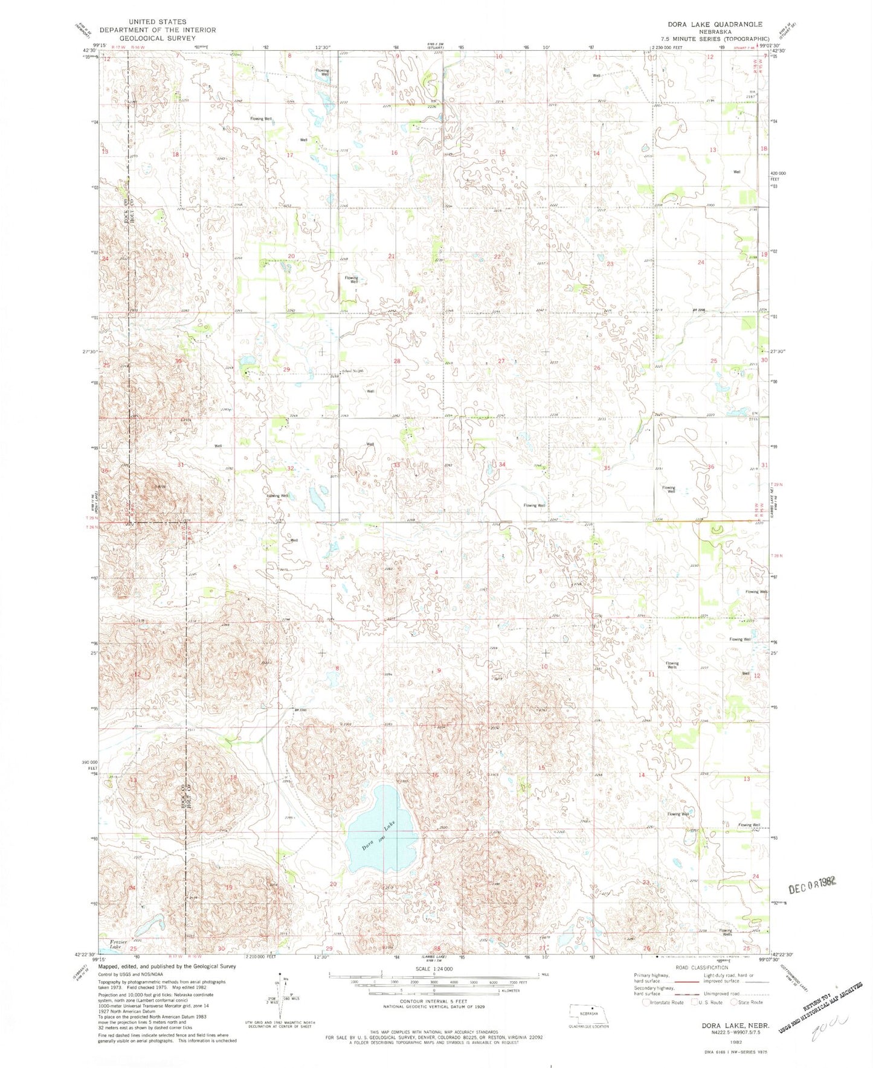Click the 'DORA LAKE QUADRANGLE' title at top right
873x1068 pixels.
[x=715, y=24]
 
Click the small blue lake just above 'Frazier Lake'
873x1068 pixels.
[x=149, y=924]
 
